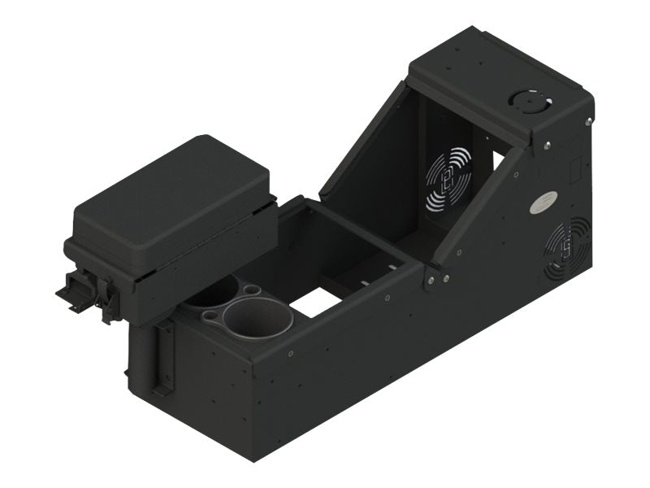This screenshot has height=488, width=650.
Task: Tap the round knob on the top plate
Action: (525, 100)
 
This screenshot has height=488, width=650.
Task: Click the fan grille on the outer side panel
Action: (568, 247)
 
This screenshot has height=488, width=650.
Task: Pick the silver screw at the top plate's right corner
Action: (587, 121)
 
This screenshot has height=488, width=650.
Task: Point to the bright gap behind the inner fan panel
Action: (497, 160)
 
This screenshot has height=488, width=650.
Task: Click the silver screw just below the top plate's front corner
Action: (548, 146)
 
